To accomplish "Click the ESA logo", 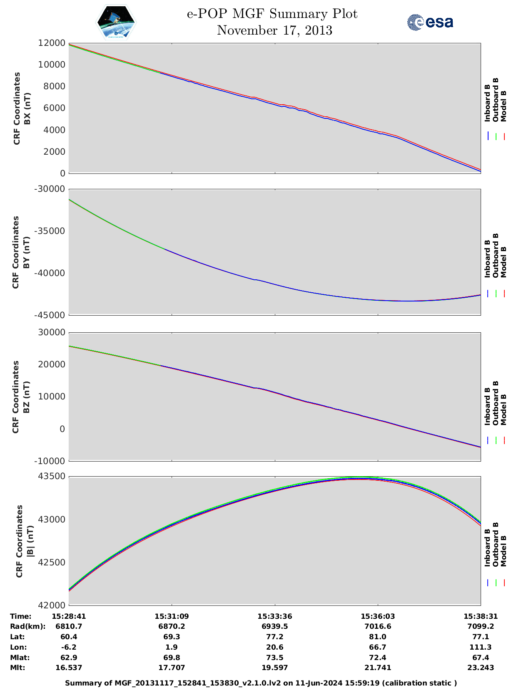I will click(x=430, y=22).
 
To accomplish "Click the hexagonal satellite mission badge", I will click(x=116, y=23).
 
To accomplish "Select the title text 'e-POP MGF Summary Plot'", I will click(x=272, y=14).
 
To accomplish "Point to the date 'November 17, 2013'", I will click(x=274, y=30).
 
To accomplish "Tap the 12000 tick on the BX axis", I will click(x=52, y=43).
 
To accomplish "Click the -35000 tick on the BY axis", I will click(x=51, y=231).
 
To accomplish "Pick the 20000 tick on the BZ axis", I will click(x=52, y=364).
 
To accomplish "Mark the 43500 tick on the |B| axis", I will click(x=52, y=477).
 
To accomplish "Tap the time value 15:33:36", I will click(x=274, y=616).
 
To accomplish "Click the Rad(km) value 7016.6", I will click(x=377, y=626).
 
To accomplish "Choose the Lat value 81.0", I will click(x=377, y=637).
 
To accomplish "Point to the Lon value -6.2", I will click(x=69, y=647).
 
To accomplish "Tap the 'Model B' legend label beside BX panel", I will click(x=504, y=106).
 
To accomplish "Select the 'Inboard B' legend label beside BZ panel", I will click(x=487, y=407).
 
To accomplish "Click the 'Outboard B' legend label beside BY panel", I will click(x=496, y=255).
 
